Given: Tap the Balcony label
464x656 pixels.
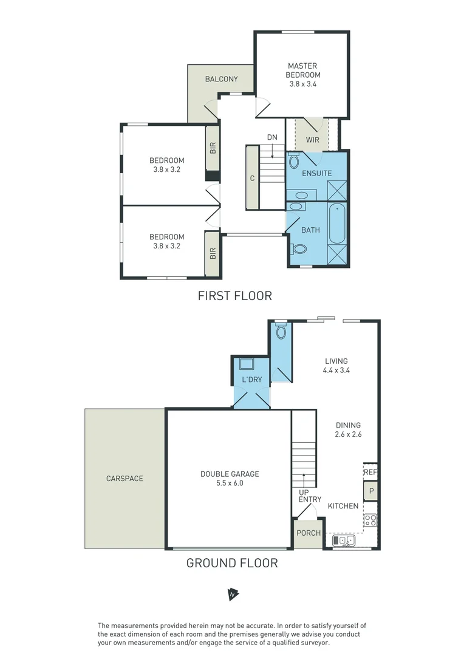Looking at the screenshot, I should (221, 80).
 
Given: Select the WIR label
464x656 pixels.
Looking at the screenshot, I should (312, 140).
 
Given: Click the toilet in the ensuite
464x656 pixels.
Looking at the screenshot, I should (294, 161).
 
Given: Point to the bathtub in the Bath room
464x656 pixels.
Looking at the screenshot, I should (337, 224).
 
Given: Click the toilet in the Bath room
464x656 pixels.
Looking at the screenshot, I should (299, 248).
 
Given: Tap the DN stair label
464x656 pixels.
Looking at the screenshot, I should (272, 137).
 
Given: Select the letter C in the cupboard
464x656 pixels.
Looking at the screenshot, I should (251, 179).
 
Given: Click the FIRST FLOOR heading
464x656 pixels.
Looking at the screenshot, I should (234, 296).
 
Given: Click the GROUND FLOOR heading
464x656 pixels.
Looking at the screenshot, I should (231, 563).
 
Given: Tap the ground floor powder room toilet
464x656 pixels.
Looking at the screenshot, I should (281, 332).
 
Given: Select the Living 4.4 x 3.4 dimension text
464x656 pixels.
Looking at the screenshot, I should (336, 369).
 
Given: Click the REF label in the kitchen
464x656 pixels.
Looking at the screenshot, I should (370, 472).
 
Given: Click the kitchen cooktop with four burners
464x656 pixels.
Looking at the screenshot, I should (370, 520).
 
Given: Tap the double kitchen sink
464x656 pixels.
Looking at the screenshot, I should (344, 540).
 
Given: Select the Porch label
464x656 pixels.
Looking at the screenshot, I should (309, 533).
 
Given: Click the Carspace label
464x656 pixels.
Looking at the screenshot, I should (124, 479).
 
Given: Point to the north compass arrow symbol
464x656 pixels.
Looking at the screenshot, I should (232, 594).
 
